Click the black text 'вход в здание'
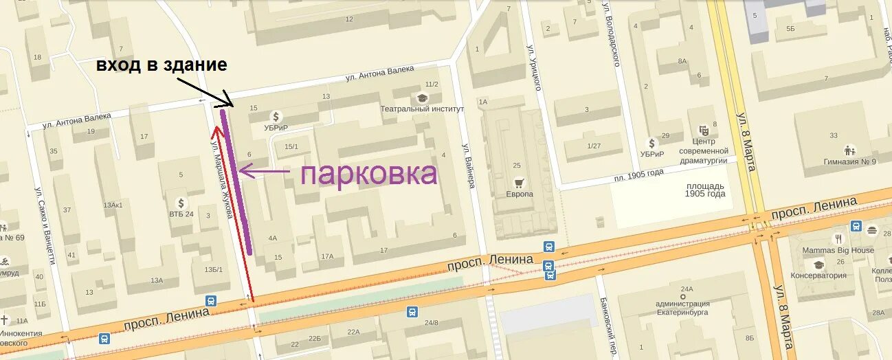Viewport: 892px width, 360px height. click(161, 65)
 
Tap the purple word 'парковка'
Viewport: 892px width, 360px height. click(368, 174)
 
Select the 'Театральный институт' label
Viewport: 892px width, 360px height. click(423, 109)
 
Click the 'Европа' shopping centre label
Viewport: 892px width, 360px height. click(520, 194)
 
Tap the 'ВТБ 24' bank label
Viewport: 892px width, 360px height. click(181, 214)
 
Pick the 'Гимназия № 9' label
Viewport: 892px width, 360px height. click(850, 162)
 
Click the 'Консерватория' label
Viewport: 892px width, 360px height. click(818, 275)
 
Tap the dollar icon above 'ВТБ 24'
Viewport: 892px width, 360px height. click(181, 203)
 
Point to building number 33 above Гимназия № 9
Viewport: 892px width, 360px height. click(834, 135)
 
